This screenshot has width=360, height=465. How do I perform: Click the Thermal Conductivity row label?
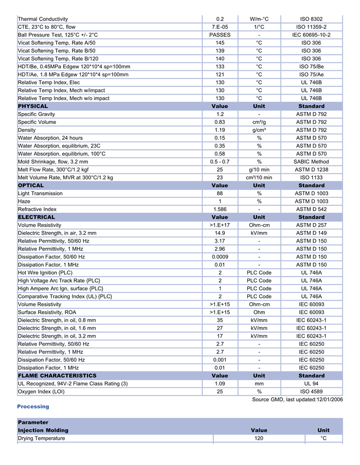43,19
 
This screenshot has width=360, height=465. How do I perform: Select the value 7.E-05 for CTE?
220,27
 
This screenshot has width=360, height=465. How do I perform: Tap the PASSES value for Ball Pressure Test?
220,35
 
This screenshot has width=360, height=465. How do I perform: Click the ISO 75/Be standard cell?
311,66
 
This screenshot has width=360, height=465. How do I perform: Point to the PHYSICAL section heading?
33,106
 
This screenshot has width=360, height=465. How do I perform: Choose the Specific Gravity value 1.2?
220,114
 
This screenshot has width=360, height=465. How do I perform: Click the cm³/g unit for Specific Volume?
259,122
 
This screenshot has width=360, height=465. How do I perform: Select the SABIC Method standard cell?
311,162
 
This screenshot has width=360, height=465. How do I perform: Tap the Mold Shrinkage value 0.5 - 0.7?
220,162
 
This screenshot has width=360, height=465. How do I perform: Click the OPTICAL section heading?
31,185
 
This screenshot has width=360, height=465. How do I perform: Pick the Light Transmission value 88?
220,194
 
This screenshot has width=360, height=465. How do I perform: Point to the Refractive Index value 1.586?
220,209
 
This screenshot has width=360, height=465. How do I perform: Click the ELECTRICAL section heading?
36,217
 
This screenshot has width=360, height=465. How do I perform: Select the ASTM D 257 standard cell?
311,225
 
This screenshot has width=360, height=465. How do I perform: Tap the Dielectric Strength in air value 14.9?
220,233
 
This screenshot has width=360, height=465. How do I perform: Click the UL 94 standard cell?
311,384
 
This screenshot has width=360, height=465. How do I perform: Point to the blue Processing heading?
33,406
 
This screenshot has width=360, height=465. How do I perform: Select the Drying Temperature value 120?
259,438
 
